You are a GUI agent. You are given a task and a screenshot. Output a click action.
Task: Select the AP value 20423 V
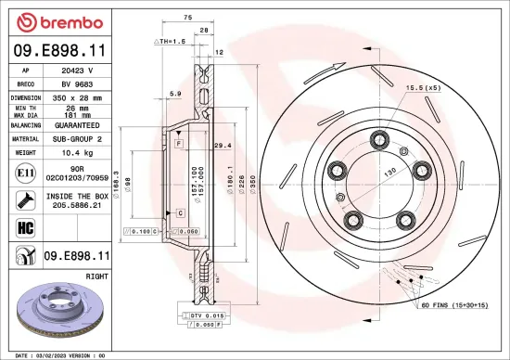pyautogui.click(x=77, y=69)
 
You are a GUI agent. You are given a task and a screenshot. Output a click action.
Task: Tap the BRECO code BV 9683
pyautogui.click(x=77, y=82)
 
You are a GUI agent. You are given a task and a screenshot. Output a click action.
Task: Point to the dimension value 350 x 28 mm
pyautogui.click(x=77, y=96)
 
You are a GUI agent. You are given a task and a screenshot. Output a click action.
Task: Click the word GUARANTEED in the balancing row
pyautogui.click(x=77, y=124)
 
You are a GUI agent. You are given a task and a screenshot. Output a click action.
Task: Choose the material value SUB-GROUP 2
pyautogui.click(x=77, y=137)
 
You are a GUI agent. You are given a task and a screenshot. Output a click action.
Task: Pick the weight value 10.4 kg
pyautogui.click(x=77, y=151)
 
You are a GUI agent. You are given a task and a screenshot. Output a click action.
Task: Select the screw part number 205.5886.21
pyautogui.click(x=77, y=207)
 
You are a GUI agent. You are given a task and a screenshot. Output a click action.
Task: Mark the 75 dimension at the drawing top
pyautogui.click(x=186, y=17)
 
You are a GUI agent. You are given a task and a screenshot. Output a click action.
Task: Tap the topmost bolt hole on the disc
pyautogui.click(x=378, y=140)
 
